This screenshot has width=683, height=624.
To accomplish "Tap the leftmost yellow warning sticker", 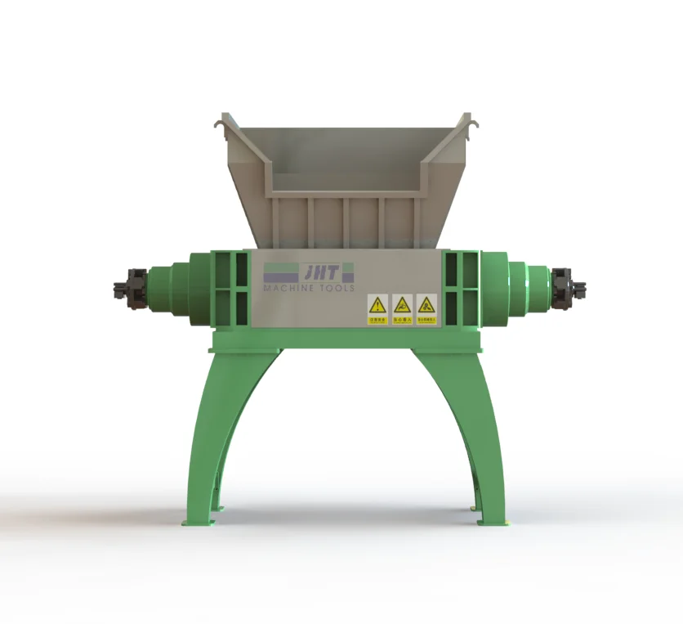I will [x=377, y=309].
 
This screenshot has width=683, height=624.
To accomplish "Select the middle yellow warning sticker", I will [x=402, y=309].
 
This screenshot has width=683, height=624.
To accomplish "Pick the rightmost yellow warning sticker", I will [x=426, y=309].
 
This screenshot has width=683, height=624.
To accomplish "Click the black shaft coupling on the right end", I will [x=569, y=289].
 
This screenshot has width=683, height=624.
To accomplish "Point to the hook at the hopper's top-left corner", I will [x=220, y=123].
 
